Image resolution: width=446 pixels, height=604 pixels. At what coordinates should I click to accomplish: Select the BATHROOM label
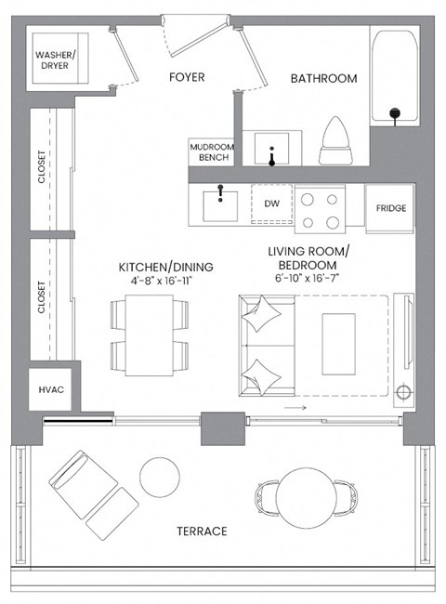[x=323, y=79]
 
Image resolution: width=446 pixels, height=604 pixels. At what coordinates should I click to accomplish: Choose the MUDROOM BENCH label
[x=210, y=153]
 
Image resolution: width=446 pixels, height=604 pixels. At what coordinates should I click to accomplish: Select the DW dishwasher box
[x=272, y=204]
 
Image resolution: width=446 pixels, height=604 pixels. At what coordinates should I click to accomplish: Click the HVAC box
[x=51, y=389]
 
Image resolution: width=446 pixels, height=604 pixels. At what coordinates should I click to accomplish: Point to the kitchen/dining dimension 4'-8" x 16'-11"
[x=165, y=282]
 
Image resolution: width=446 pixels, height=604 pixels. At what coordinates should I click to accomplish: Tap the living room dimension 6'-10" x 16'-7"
[x=308, y=278]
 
